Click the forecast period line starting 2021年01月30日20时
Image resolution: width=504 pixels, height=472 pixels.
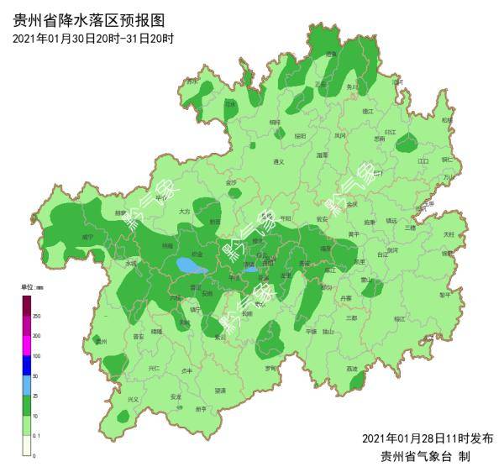(x=93, y=39)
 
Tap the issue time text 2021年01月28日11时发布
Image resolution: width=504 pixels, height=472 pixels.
(x=427, y=438)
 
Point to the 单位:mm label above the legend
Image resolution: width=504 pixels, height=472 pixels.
(x=32, y=287)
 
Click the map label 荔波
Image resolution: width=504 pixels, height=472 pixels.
(x=352, y=369)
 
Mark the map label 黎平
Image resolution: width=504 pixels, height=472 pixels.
(x=444, y=295)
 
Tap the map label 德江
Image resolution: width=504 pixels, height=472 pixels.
(x=367, y=111)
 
